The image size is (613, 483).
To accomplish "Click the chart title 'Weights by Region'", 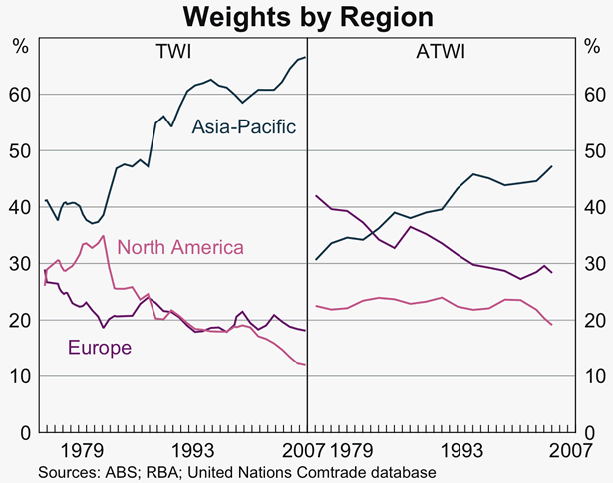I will coord(307,17).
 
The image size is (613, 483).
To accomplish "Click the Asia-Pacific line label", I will coord(245,126).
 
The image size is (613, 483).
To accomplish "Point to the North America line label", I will coord(180,246).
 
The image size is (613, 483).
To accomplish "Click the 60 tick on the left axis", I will coord(20,95).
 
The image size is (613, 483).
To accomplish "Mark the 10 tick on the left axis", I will coord(20,377).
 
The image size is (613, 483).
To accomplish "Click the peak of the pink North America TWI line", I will coord(103,236).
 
